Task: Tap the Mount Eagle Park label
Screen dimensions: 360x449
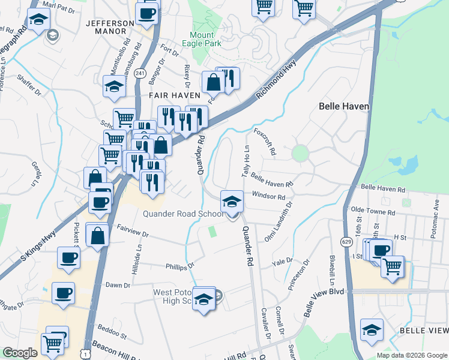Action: (x=206, y=39)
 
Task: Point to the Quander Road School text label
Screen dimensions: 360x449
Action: (x=183, y=214)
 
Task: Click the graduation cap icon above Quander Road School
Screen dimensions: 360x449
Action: (x=232, y=201)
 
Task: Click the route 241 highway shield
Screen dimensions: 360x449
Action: (x=140, y=73)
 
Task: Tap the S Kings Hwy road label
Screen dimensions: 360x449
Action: (x=38, y=245)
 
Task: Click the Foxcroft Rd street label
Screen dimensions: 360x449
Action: (x=265, y=142)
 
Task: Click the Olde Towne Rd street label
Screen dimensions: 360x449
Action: (x=373, y=212)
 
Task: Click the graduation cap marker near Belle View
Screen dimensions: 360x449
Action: (x=372, y=329)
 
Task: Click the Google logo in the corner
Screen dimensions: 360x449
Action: (x=20, y=353)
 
